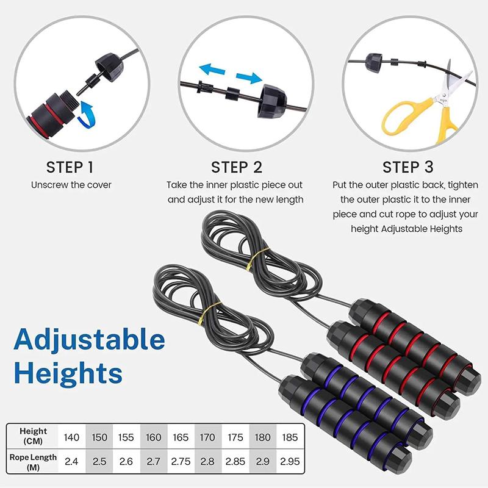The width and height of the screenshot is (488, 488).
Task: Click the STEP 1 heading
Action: tap(70, 167)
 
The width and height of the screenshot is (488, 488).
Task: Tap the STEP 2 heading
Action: tap(237, 167)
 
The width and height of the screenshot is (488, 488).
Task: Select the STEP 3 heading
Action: tap(407, 167)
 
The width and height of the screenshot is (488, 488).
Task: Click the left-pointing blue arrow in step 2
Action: tap(212, 70)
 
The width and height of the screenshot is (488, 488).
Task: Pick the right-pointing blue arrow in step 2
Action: tap(249, 78)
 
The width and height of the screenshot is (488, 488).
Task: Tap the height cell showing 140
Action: tap(71, 437)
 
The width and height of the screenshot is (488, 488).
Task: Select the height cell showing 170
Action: tap(207, 437)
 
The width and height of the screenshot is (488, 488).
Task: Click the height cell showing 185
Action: tap(290, 437)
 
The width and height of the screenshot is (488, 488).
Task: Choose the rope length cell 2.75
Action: tap(181, 461)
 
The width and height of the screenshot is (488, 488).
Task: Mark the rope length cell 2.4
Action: tap(71, 461)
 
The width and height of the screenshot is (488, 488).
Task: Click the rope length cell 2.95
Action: tap(290, 461)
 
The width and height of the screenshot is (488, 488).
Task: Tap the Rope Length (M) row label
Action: tap(33, 462)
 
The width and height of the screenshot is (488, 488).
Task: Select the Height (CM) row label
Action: tap(33, 436)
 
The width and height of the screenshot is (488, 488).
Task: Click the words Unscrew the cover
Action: tap(71, 185)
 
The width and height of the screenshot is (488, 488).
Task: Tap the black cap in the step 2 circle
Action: tap(272, 101)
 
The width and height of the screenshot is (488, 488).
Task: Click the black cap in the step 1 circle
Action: tap(110, 67)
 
